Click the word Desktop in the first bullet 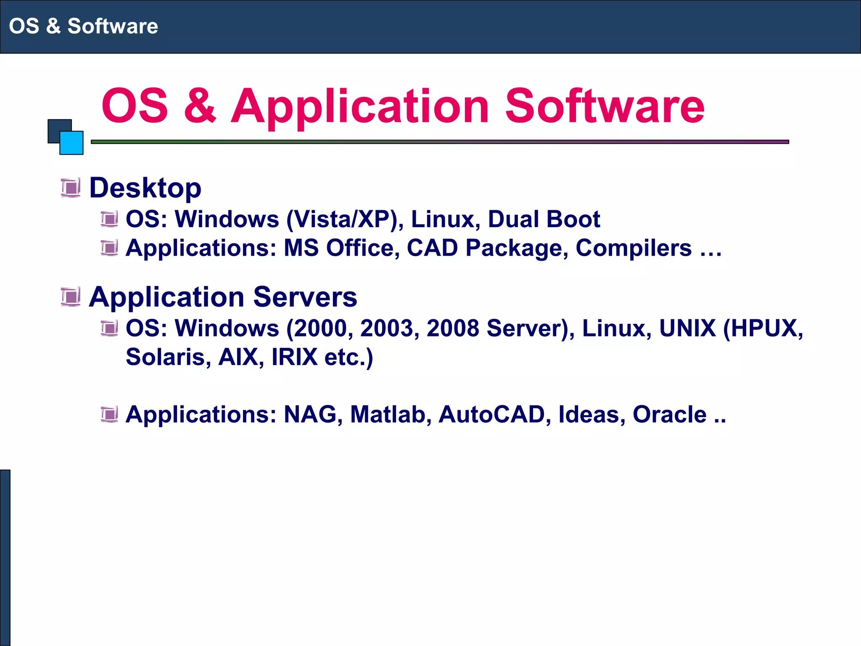(145, 188)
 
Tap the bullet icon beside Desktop (71, 188)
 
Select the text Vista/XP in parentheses (342, 220)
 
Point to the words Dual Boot (544, 220)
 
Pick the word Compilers (633, 248)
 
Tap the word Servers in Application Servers (305, 297)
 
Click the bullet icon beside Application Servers (71, 297)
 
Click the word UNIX (687, 328)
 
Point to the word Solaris (168, 357)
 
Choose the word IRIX (294, 357)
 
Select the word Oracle (669, 415)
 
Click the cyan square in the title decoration (71, 143)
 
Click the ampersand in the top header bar (53, 26)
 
